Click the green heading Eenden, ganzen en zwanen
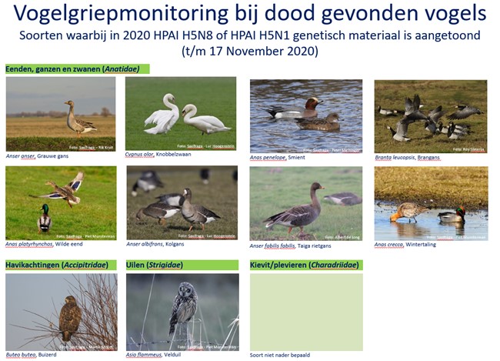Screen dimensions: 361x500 pos(76,69)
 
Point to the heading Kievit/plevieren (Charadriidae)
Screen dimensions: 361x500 pos(305,266)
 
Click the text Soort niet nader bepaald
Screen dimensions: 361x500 pos(280,356)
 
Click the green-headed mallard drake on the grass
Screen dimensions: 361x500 pos(45,219)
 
